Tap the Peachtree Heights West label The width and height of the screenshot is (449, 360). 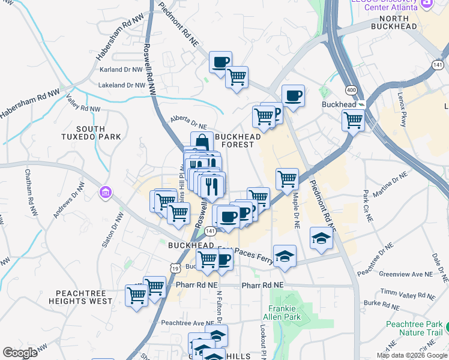84,297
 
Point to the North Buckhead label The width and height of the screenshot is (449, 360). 394,22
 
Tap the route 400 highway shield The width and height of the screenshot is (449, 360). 351,89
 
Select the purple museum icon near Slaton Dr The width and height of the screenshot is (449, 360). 106,193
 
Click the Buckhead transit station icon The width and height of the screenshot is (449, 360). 361,104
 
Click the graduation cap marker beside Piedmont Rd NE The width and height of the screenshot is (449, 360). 321,238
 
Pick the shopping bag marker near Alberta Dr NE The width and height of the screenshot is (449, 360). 202,142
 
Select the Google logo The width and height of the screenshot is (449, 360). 20,353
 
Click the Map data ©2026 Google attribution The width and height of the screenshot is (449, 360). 411,355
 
